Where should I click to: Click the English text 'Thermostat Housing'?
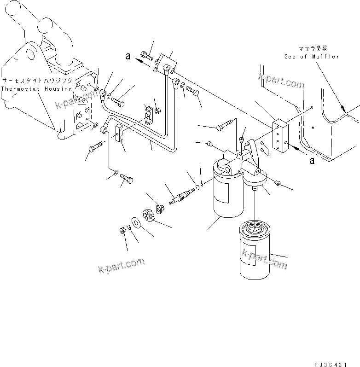pyautogui.click(x=37, y=88)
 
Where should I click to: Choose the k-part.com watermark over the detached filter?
pyautogui.click(x=264, y=261)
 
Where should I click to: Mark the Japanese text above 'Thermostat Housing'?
pyautogui.click(x=37, y=80)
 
